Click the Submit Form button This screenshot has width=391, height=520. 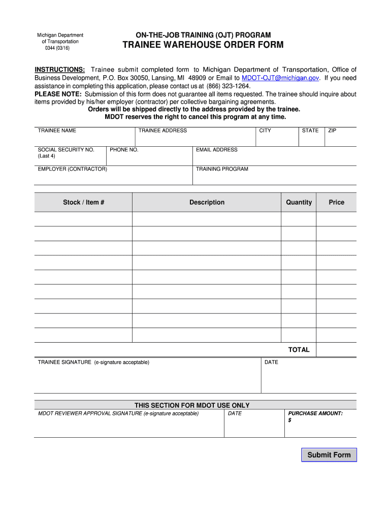329,455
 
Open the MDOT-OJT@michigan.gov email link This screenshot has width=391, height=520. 280,78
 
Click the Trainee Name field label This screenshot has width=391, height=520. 57,131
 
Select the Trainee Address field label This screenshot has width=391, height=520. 162,131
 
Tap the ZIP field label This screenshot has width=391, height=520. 332,131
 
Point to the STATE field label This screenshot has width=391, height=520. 310,131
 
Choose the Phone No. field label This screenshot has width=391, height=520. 124,150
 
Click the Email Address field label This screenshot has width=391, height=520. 217,150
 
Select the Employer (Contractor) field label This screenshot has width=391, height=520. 72,169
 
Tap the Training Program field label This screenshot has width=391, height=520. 222,169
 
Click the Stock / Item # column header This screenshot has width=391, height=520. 84,202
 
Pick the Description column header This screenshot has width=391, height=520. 207,202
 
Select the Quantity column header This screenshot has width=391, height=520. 299,202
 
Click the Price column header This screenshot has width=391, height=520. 336,202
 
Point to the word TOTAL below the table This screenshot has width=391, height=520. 299,350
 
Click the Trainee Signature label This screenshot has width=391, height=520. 93,362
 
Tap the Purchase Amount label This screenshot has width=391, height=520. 315,413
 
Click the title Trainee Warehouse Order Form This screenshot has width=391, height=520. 203,45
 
